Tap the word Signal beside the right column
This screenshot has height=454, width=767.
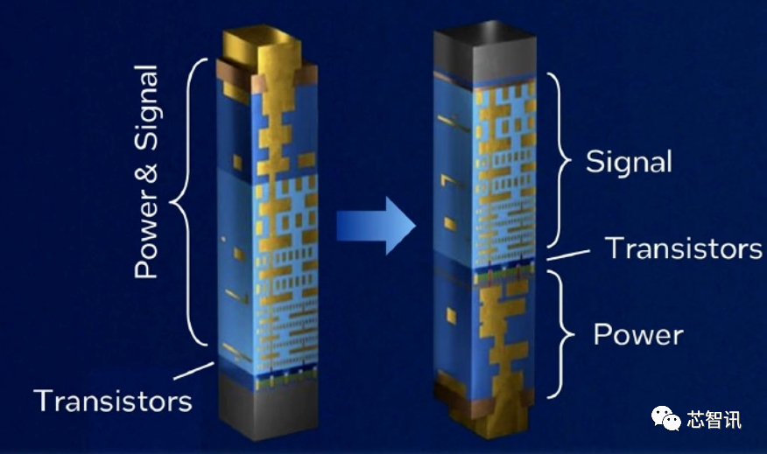tap(629, 162)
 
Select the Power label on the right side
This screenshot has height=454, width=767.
tap(638, 335)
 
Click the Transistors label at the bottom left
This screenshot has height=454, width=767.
tap(113, 401)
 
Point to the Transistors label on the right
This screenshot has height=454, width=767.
tap(683, 248)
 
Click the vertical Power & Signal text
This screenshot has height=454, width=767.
tap(146, 171)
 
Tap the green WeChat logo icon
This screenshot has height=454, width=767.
tap(665, 419)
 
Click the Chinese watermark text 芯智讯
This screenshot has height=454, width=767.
tap(714, 420)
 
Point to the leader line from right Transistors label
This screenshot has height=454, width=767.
tap(568, 255)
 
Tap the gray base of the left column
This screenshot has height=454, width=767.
tap(268, 407)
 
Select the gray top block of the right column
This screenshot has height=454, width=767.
tap(485, 52)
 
